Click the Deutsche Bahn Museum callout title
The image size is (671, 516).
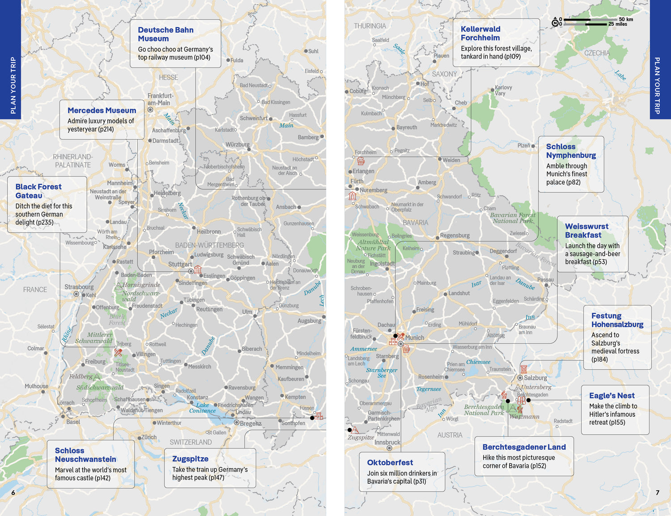pyautogui.click(x=166, y=34)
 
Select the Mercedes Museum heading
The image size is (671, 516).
pyautogui.click(x=102, y=110)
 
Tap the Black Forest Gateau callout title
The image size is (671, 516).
pyautogui.click(x=38, y=191)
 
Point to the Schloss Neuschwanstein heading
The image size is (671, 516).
pyautogui.click(x=85, y=455)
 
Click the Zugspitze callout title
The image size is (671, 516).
pyautogui.click(x=190, y=459)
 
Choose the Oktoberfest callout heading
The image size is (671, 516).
pyautogui.click(x=390, y=462)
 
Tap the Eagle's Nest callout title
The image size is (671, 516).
pyautogui.click(x=612, y=396)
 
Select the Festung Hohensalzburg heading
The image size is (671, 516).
pyautogui.click(x=617, y=320)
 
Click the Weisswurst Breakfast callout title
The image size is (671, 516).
pyautogui.click(x=586, y=231)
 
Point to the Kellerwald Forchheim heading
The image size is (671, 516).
pyautogui.click(x=480, y=34)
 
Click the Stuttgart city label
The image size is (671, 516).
pyautogui.click(x=180, y=264)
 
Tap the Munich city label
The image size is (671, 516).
pyautogui.click(x=415, y=338)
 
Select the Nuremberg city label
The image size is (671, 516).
pyautogui.click(x=374, y=190)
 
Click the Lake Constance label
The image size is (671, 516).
pyautogui.click(x=202, y=408)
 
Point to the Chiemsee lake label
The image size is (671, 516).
pyautogui.click(x=478, y=362)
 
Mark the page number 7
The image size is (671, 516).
pyautogui.click(x=657, y=493)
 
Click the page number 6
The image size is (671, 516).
pyautogui.click(x=13, y=493)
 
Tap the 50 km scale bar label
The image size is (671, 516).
pyautogui.click(x=626, y=19)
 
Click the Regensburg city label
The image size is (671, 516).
pyautogui.click(x=454, y=236)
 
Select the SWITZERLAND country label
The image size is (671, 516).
pyautogui.click(x=191, y=442)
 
